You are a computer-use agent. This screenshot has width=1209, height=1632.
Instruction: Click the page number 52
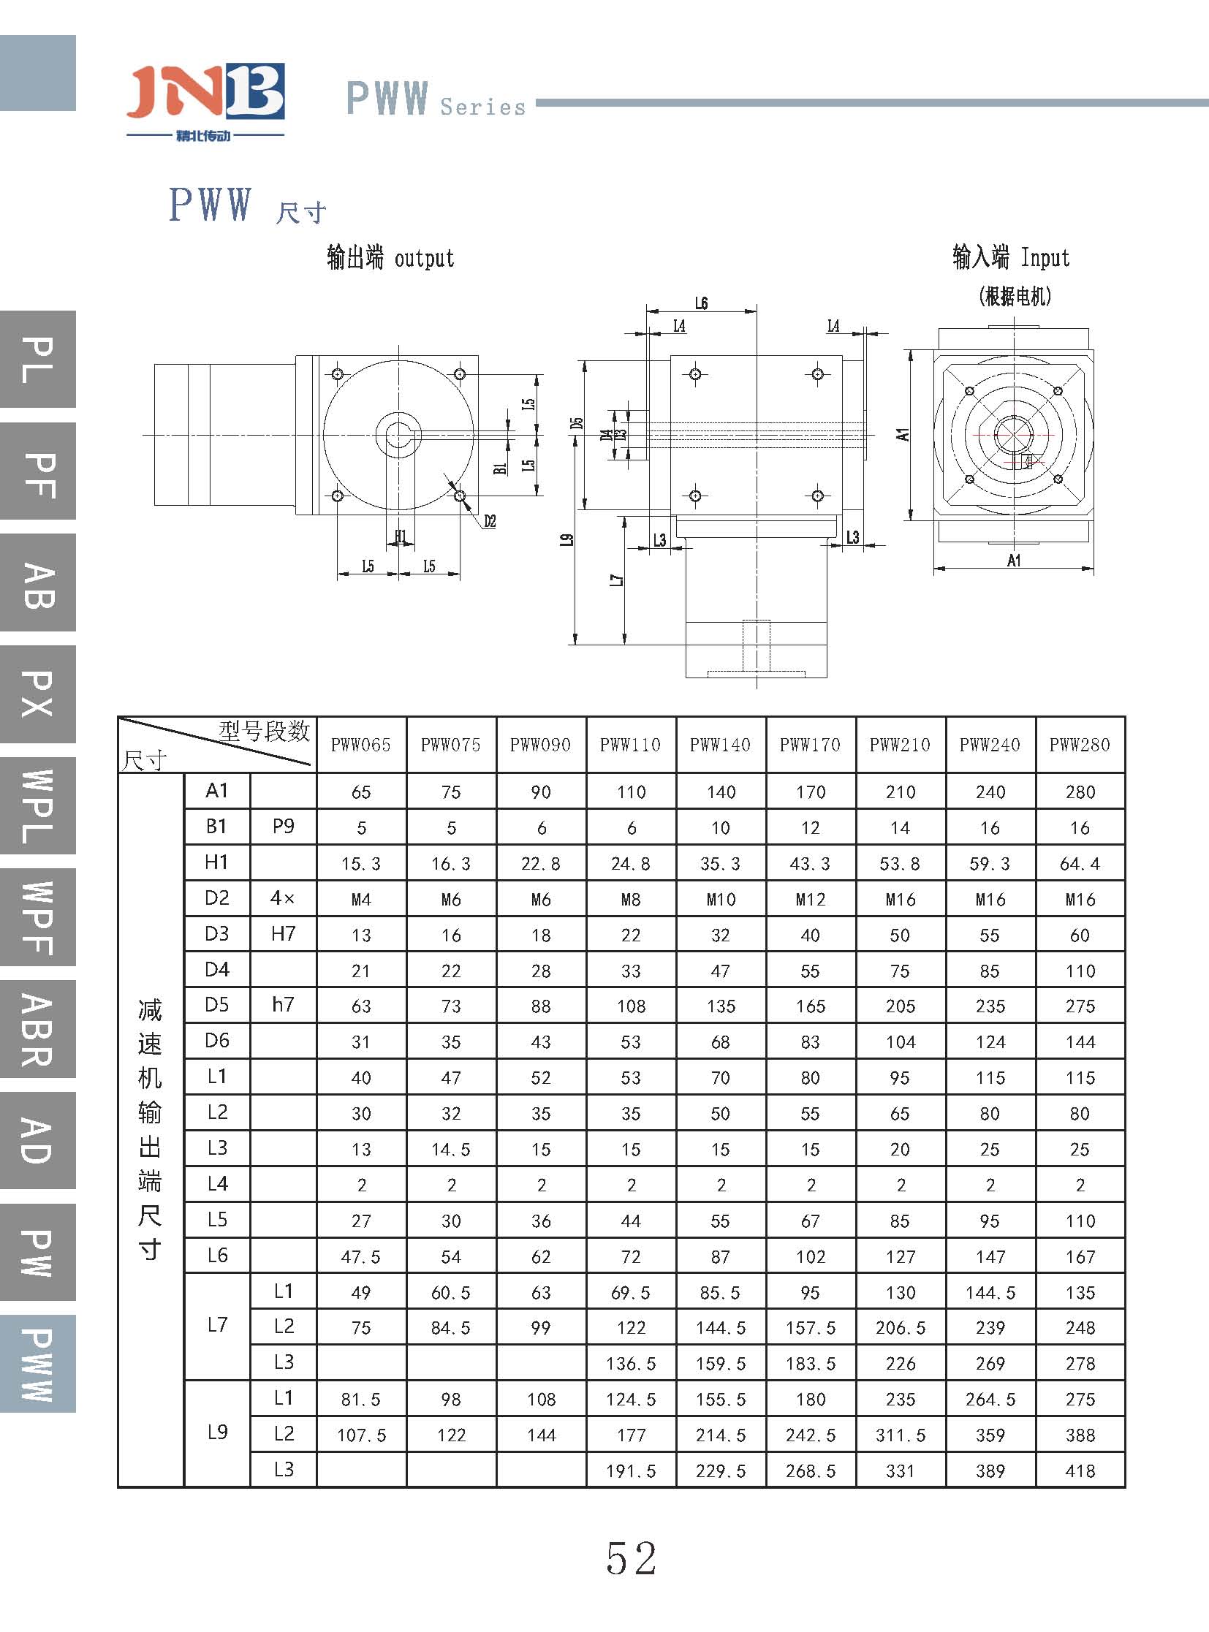pos(631,1559)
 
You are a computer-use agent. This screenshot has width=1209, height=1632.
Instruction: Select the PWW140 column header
pos(720,745)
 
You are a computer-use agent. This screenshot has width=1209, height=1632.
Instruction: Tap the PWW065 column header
pos(361,745)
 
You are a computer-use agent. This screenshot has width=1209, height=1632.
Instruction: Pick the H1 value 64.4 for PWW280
pos(1080,864)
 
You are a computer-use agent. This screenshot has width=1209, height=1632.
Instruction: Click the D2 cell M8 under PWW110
pos(631,900)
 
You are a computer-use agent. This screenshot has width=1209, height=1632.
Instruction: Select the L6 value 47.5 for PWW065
pos(361,1257)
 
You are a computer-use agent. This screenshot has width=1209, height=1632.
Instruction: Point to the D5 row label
pos(216,1005)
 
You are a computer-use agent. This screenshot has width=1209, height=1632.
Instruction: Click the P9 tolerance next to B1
pos(283,827)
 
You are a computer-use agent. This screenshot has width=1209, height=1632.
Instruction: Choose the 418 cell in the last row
pos(1080,1471)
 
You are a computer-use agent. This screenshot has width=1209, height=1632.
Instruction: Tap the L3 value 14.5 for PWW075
pos(451,1150)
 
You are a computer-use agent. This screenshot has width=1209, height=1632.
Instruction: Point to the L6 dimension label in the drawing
pos(701,303)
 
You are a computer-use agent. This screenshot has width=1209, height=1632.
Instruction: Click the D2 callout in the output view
pos(490,521)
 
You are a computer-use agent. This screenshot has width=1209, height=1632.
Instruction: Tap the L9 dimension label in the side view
pos(566,539)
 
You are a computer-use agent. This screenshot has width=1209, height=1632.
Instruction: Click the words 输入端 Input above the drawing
pos(1011,257)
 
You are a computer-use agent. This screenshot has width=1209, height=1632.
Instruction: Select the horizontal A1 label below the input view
pos(1014,561)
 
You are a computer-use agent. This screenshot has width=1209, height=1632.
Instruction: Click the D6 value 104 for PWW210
pos(900,1042)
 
